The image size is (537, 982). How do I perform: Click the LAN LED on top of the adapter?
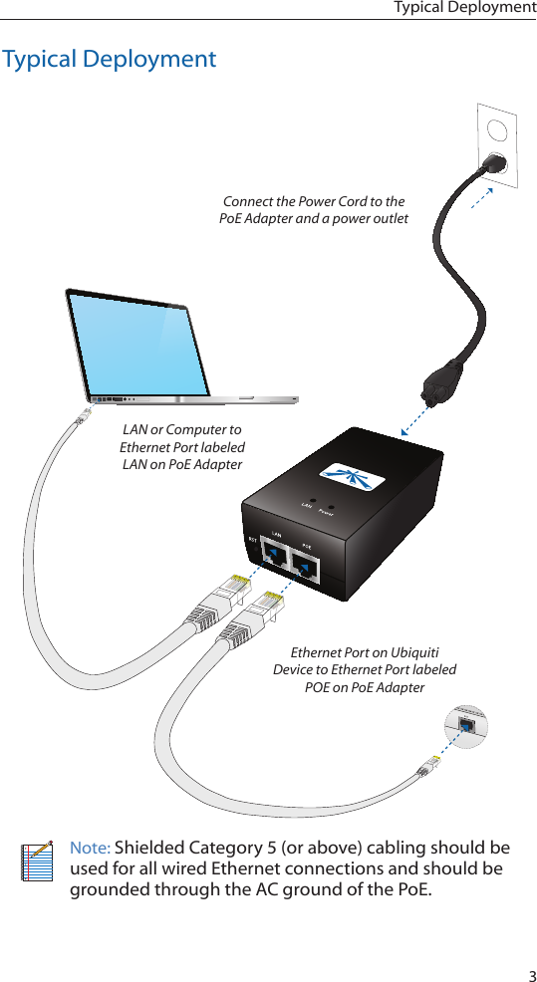(312, 503)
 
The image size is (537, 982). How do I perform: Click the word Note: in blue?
(90, 848)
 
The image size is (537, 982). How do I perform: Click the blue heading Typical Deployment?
(109, 59)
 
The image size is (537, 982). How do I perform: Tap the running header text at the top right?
(464, 8)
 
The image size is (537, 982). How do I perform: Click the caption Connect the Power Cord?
(313, 210)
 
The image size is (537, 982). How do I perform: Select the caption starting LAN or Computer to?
(181, 447)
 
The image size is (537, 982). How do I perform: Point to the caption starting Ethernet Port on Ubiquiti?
(364, 669)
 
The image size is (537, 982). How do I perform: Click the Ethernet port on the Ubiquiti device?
(467, 725)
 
